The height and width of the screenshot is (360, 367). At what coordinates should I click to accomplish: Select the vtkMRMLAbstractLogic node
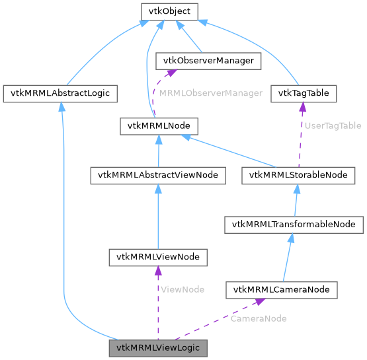[x=60, y=93]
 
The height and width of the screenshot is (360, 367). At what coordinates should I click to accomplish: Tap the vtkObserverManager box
[x=208, y=61]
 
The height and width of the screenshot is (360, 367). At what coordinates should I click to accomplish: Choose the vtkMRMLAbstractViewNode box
[x=158, y=175]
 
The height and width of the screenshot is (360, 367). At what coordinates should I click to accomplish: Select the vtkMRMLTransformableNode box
[x=294, y=225]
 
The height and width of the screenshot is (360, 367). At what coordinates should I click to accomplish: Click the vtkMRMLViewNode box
[x=158, y=256]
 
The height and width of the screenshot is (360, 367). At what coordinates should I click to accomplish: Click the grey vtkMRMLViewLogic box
[x=158, y=347]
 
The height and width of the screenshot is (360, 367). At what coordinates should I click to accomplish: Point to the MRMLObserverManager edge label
[x=210, y=93]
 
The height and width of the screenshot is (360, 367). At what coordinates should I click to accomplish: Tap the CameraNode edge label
[x=259, y=318]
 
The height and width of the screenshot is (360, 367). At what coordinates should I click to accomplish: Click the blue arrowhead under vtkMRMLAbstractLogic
[x=61, y=106]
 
